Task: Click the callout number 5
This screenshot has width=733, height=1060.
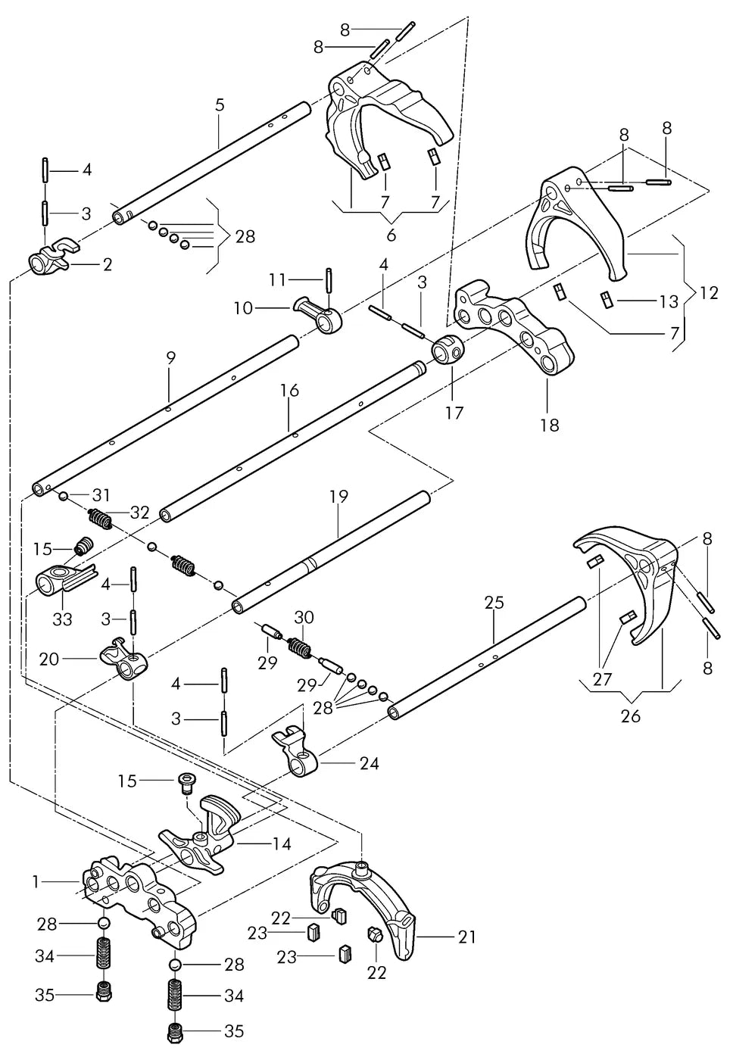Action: pos(219,105)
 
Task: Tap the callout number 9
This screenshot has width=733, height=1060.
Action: pos(171,357)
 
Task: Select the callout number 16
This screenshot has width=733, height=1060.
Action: pos(289,391)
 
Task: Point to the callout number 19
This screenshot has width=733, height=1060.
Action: pos(339,497)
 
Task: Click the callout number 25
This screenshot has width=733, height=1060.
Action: pos(494,603)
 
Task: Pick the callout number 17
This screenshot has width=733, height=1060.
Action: pos(454,413)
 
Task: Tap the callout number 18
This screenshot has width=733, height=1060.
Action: pos(550,425)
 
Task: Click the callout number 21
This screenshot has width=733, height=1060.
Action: pos(466,937)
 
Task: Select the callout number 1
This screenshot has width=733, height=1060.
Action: pos(36,881)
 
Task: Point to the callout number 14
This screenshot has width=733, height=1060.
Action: pos(282,843)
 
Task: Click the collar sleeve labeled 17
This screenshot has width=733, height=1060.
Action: pos(448,349)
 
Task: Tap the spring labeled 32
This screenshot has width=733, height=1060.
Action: pos(100,518)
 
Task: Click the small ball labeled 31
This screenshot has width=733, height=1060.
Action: pos(62,496)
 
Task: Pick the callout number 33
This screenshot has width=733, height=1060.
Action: pos(62,619)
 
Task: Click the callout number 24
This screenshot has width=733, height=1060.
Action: pos(370,763)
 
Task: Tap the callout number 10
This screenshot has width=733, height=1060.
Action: pos(244,309)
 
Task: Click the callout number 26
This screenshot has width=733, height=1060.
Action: pos(630,716)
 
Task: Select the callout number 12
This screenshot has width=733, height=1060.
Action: pos(709,293)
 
